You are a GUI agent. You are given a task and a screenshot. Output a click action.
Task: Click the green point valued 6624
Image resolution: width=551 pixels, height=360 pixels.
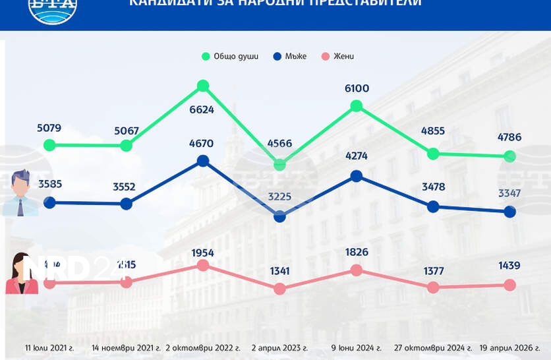(x=203, y=86)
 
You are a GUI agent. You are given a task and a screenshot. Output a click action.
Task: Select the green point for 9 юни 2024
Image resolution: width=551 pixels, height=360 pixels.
(x=356, y=105)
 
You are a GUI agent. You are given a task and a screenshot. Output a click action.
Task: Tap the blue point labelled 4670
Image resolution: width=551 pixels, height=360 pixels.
(x=203, y=160)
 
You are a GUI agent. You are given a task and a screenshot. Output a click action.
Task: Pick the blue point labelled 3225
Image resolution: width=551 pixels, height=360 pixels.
(x=279, y=216)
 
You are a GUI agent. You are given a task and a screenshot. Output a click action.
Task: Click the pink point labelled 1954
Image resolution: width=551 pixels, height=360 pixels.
(x=203, y=265)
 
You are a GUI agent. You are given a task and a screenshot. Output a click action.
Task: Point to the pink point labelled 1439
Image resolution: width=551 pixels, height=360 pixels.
(x=509, y=285)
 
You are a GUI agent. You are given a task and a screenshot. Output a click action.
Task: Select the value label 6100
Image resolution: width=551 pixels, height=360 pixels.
(x=356, y=88)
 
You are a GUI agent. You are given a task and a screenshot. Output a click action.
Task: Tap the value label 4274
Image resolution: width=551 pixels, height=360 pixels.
(x=356, y=156)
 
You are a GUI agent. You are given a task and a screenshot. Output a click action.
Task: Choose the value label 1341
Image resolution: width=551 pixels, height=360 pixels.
(x=279, y=271)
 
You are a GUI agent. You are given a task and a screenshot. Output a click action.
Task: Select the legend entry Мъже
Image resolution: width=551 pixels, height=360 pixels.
(x=290, y=56)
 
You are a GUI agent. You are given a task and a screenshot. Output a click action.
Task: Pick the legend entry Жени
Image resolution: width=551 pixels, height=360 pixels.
(x=337, y=56)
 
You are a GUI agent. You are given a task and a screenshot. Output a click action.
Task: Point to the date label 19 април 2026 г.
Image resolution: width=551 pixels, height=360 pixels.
(x=511, y=347)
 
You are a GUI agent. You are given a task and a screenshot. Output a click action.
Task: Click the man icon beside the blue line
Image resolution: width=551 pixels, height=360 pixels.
(x=20, y=193)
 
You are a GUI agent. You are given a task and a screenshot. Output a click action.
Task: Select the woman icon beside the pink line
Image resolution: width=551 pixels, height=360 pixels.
(x=20, y=274)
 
